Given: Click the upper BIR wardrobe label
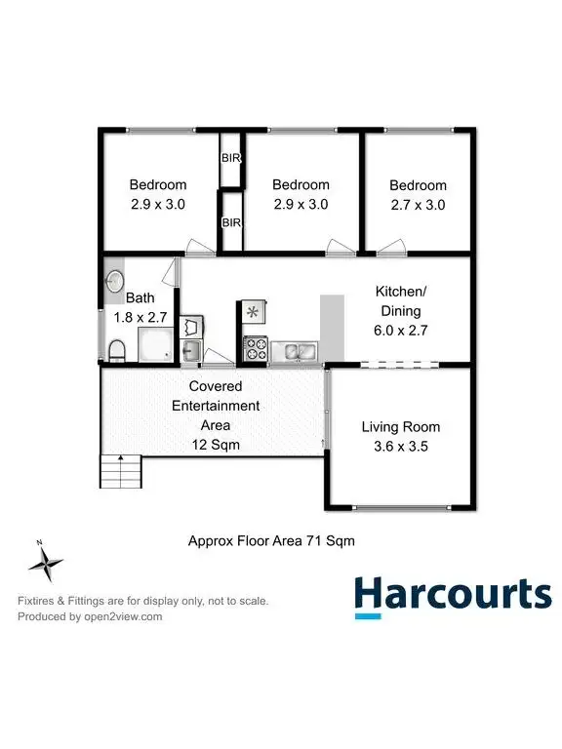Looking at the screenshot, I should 231,158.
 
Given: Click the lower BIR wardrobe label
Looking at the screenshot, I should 231,223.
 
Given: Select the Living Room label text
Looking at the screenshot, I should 400,426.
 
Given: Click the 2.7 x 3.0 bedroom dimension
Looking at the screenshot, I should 418,205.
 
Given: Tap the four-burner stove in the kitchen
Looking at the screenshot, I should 256,347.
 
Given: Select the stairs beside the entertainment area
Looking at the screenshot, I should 121,473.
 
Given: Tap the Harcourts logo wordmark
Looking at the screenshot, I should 452,592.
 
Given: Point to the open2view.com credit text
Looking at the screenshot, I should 90,616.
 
